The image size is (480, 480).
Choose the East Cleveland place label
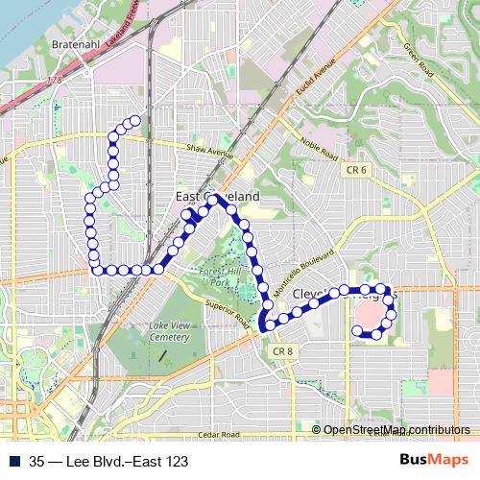click(x=219, y=197)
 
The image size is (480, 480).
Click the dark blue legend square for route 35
click(x=18, y=460)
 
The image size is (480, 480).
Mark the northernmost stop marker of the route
click(x=133, y=120)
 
